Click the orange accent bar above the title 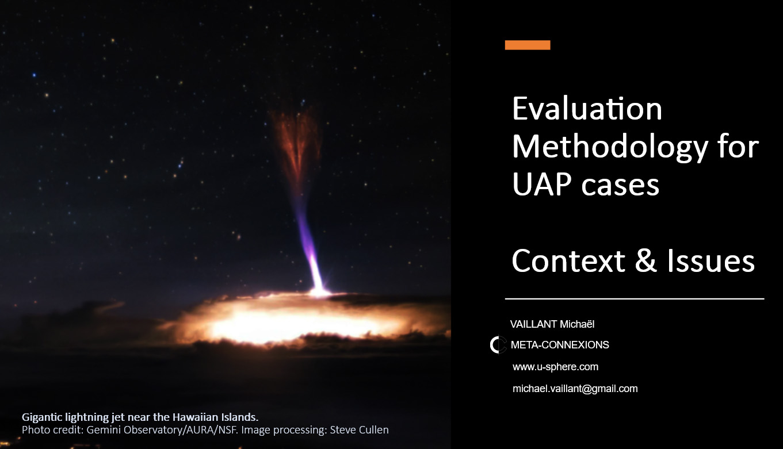(x=528, y=45)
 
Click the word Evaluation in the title (x=587, y=109)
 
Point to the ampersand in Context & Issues (x=646, y=260)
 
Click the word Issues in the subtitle (x=711, y=260)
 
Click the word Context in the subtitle (x=568, y=260)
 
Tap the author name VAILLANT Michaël (x=552, y=324)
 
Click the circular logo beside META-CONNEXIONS (x=498, y=345)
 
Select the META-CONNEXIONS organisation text (x=560, y=345)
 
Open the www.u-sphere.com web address (x=555, y=367)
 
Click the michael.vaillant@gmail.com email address (x=575, y=389)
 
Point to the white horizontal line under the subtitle (x=635, y=299)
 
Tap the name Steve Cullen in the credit (x=360, y=430)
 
